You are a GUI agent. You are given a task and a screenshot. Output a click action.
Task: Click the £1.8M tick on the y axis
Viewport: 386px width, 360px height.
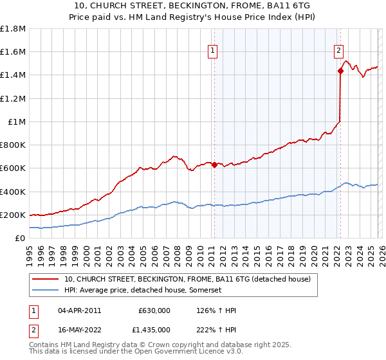13,29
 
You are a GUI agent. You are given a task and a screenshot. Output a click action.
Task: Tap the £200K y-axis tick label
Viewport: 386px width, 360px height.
13,215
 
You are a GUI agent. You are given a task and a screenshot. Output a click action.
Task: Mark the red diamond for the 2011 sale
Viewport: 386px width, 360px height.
214,165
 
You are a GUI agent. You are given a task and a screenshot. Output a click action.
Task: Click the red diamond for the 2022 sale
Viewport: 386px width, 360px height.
340,71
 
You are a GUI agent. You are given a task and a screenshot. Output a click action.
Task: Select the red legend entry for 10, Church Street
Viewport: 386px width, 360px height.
187,279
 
